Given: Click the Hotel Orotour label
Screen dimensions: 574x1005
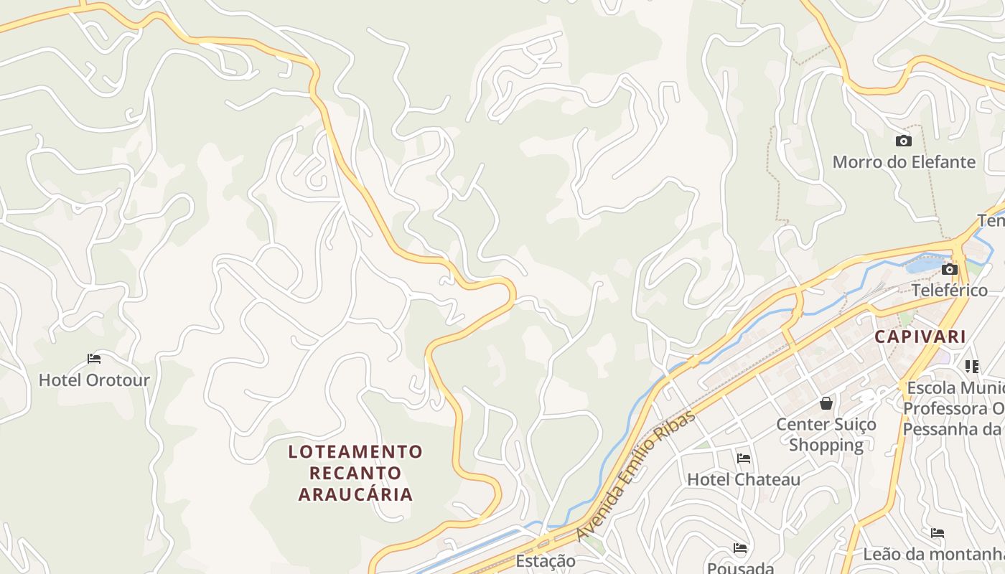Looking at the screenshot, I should click(94, 380).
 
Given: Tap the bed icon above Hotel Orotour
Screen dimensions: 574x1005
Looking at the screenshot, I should click(94, 358).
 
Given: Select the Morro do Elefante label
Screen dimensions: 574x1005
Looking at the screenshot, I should click(904, 161).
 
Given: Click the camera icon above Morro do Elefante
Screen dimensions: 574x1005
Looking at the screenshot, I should click(904, 141).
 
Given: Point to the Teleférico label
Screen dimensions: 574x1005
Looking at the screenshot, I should click(949, 291).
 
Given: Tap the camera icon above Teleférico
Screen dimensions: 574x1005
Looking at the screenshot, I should click(950, 269).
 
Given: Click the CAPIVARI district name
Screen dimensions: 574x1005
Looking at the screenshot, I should click(920, 336).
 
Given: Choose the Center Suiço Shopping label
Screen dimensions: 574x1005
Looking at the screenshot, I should click(826, 434).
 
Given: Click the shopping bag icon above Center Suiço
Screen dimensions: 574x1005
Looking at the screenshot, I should click(826, 403).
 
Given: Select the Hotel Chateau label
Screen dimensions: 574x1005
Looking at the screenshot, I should click(744, 479).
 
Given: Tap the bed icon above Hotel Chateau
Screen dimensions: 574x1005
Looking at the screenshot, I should click(744, 458).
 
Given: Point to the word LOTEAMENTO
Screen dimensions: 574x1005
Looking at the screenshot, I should click(356, 451).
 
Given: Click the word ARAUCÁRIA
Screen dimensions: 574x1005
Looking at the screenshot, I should click(356, 494).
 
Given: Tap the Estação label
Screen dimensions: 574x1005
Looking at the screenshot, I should click(546, 560).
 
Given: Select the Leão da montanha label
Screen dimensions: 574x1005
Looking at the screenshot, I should click(933, 554).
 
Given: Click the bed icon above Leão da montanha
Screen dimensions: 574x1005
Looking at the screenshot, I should click(938, 532).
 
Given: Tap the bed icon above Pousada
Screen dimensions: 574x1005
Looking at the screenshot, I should click(741, 548).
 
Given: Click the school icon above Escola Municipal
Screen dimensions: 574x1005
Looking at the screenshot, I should click(973, 367).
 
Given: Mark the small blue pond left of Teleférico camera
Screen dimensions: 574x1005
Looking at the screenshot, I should click(922, 265).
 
